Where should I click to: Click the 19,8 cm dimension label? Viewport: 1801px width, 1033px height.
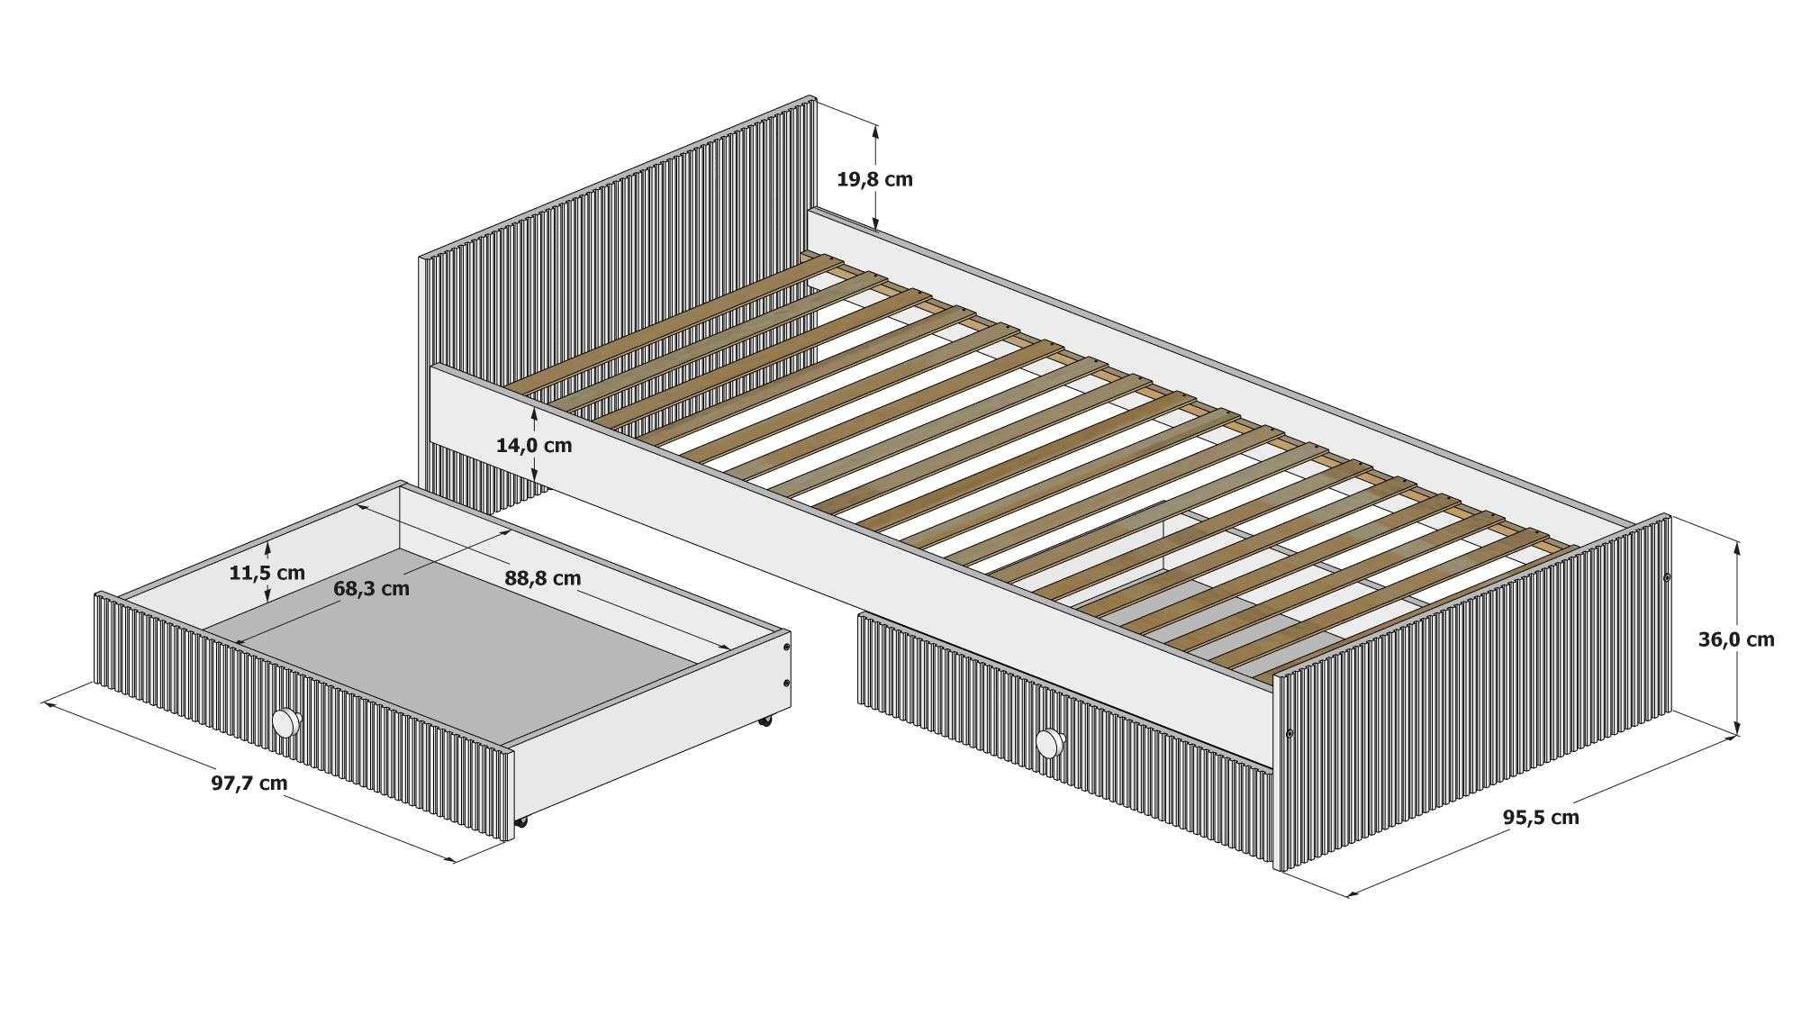874,179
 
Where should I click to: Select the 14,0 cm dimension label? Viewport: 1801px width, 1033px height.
534,445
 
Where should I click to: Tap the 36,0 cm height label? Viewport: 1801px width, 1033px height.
1736,639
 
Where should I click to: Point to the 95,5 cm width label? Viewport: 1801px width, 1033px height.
1541,817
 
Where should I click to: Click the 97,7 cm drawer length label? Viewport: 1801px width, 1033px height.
249,783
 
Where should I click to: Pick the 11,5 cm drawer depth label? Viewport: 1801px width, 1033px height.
267,573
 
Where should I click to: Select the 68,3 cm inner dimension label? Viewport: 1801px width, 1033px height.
371,589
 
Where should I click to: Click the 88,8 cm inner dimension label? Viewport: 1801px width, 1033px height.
542,578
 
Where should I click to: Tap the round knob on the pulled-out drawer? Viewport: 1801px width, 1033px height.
286,723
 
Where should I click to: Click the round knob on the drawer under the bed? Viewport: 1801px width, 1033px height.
1049,743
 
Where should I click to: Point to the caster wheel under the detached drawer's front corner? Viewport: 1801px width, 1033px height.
520,821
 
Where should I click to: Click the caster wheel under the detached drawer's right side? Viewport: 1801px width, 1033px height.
765,720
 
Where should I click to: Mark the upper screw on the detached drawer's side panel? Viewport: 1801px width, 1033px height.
786,648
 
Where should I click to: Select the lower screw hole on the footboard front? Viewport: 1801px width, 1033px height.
1290,735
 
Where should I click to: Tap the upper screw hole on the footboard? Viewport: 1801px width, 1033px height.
1666,577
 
